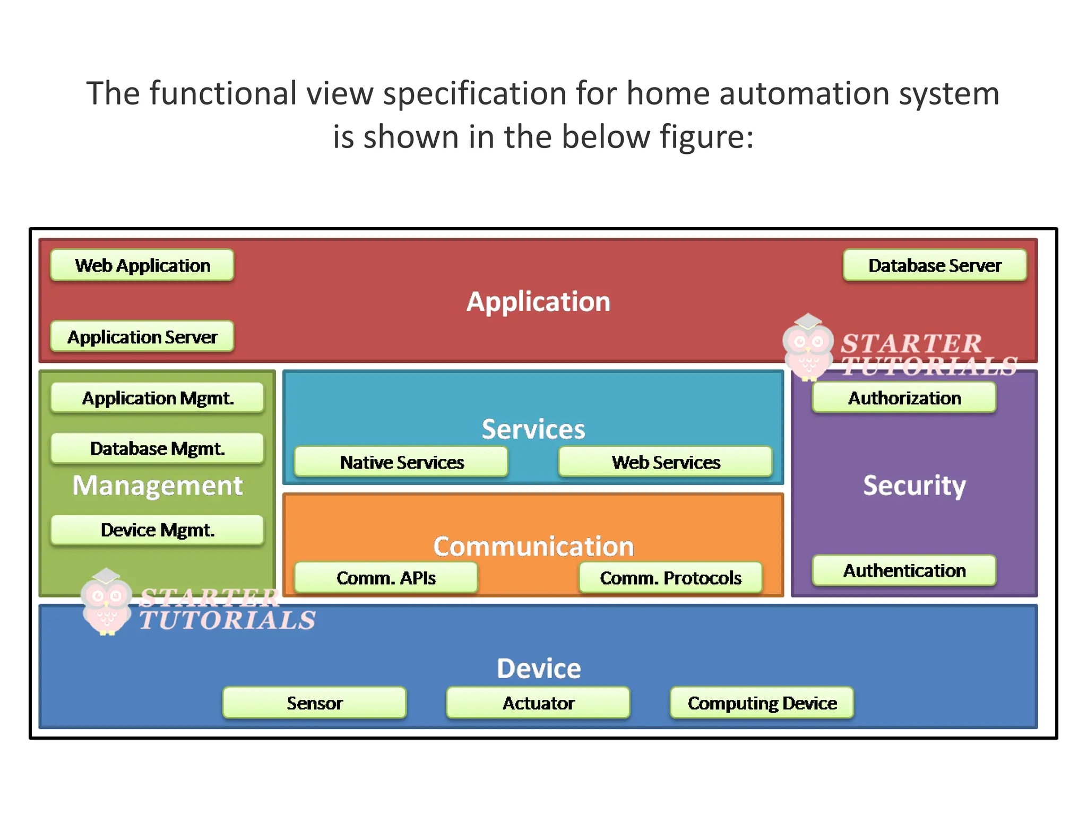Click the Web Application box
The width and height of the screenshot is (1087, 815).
tap(142, 265)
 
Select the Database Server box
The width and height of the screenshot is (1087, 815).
tap(934, 265)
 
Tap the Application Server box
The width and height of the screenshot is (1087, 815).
tap(142, 336)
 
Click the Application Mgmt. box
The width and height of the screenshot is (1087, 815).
tap(157, 398)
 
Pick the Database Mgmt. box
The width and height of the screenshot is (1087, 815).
tap(157, 448)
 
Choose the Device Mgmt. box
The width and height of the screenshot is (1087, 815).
tap(157, 530)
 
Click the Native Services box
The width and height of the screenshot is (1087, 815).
tap(401, 462)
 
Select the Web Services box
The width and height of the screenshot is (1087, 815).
tap(665, 462)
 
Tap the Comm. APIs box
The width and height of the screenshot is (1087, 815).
tap(386, 578)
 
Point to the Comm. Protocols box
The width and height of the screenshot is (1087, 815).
tap(670, 578)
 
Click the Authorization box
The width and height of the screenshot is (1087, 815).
tap(904, 398)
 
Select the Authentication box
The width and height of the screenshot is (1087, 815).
tap(904, 570)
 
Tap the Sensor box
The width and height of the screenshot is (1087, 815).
tap(314, 703)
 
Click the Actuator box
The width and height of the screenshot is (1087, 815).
tap(538, 703)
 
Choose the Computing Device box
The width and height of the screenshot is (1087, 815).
tap(762, 703)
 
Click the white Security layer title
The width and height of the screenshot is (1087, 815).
tap(914, 485)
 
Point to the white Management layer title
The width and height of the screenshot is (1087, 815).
tap(158, 485)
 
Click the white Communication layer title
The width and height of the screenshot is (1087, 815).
tap(533, 547)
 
